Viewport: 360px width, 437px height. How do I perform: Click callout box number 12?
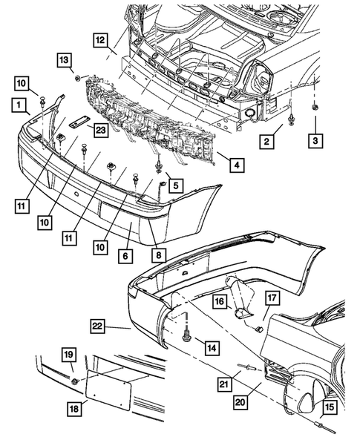click(x=100, y=40)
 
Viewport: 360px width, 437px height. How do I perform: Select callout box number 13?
click(x=65, y=60)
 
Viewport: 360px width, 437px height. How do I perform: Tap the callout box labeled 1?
click(x=19, y=105)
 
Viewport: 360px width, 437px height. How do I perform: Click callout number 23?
click(x=101, y=130)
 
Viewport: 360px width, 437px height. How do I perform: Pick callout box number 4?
click(x=237, y=165)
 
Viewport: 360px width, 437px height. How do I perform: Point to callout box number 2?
click(x=266, y=141)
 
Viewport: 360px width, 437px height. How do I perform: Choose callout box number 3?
click(x=315, y=141)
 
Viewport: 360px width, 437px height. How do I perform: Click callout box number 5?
click(x=176, y=185)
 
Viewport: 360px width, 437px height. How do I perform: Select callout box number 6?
click(x=125, y=255)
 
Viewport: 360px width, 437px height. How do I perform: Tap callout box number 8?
click(x=159, y=254)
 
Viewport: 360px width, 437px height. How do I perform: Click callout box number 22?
click(x=97, y=326)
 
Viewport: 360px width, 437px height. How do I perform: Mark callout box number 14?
click(x=212, y=348)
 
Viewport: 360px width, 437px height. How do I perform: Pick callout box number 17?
click(x=272, y=298)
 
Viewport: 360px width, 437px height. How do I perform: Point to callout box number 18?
click(x=74, y=409)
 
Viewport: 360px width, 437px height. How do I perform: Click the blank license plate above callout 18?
click(x=108, y=389)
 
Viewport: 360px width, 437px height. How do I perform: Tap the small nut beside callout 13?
click(x=77, y=78)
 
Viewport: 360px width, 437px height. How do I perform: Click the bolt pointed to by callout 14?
click(x=186, y=335)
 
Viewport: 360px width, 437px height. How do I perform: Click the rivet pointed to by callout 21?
click(x=246, y=367)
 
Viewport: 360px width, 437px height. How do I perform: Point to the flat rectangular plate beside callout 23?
click(x=79, y=122)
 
